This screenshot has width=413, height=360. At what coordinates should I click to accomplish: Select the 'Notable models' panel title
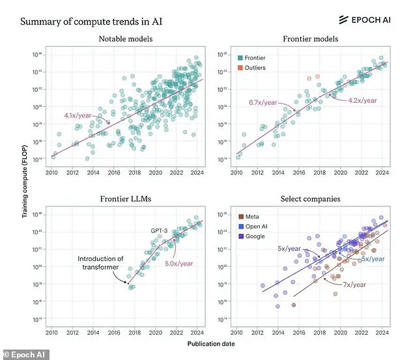coord(126,40)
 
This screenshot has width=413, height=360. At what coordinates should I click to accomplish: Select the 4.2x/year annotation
coord(363,100)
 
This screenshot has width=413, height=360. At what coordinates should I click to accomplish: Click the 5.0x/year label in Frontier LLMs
coord(178,264)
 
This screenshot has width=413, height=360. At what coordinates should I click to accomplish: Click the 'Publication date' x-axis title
coord(211,343)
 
